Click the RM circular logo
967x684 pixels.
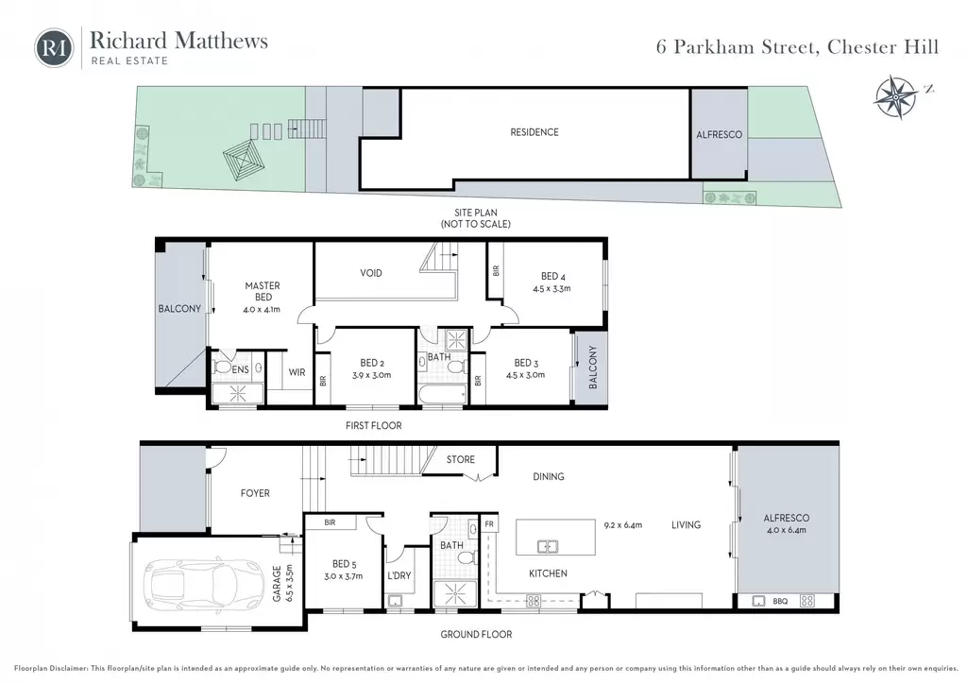pyautogui.click(x=54, y=47)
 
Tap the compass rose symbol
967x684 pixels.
pyautogui.click(x=895, y=96)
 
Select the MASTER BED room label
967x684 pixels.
pyautogui.click(x=263, y=291)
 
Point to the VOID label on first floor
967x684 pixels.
pyautogui.click(x=370, y=273)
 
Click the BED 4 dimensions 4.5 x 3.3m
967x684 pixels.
pyautogui.click(x=551, y=288)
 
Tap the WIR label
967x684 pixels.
pyautogui.click(x=297, y=372)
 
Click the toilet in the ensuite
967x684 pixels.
pyautogui.click(x=222, y=367)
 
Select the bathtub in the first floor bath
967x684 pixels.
pyautogui.click(x=442, y=394)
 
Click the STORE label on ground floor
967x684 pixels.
pyautogui.click(x=461, y=459)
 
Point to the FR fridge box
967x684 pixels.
pyautogui.click(x=489, y=523)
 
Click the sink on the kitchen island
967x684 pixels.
pyautogui.click(x=548, y=546)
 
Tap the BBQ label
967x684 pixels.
pyautogui.click(x=780, y=601)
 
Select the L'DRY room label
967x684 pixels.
pyautogui.click(x=399, y=575)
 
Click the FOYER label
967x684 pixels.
pyautogui.click(x=255, y=493)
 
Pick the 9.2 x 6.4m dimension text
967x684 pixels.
pyautogui.click(x=623, y=525)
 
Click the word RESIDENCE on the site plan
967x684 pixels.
pyautogui.click(x=534, y=132)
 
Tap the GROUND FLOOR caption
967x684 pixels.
pyautogui.click(x=476, y=634)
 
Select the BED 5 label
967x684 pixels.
pyautogui.click(x=344, y=564)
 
